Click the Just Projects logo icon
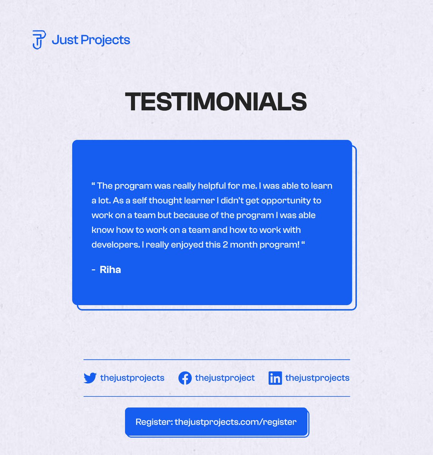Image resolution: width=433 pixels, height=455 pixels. coord(39,40)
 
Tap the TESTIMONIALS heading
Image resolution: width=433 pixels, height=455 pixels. coord(216,102)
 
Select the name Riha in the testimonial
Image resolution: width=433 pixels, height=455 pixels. coord(110,270)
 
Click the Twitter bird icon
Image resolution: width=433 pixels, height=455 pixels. coord(90,378)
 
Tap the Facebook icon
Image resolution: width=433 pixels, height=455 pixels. coord(185,378)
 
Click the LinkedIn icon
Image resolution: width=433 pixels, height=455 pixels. coord(275,378)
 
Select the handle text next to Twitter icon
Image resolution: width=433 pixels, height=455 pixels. coord(132,378)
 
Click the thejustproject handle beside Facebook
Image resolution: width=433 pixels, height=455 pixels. coord(225,378)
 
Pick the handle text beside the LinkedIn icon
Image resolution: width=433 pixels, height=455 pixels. coord(317,378)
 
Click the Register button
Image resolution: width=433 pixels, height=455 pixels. coord(216,422)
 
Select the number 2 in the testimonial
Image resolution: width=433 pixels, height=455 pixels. coord(225,245)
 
